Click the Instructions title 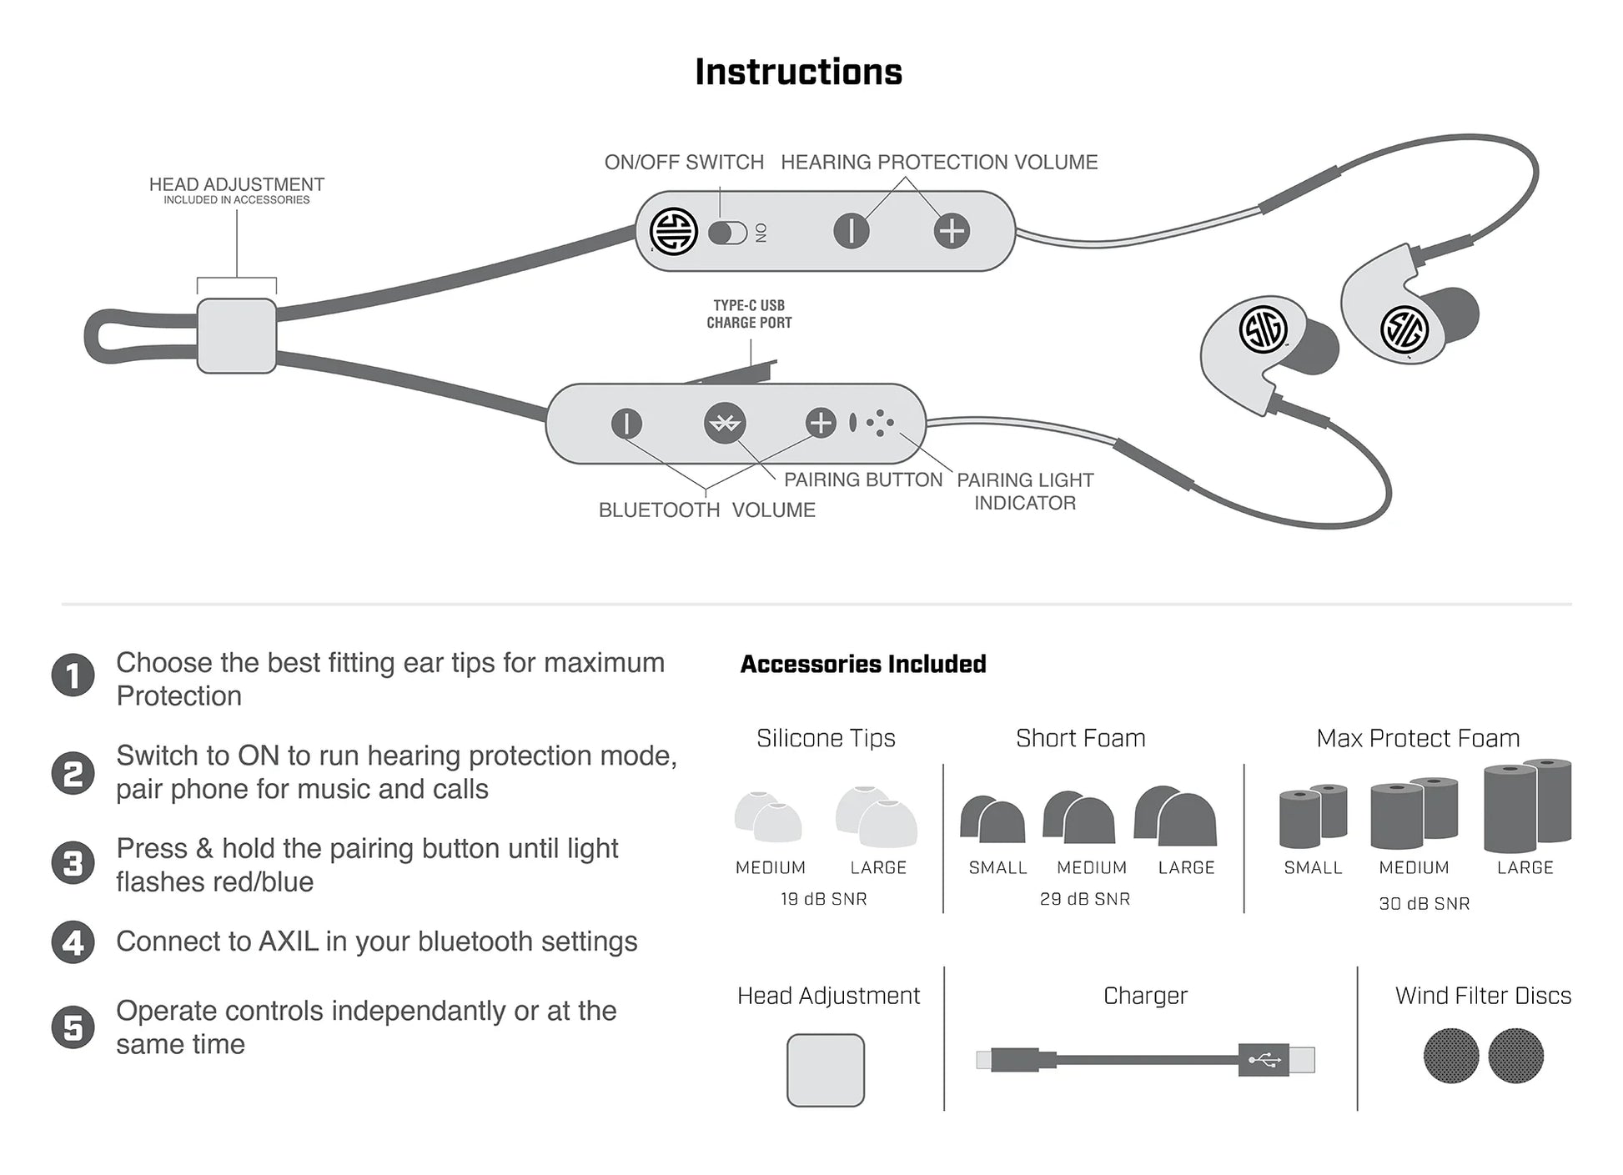click(798, 73)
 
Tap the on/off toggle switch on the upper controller click(727, 233)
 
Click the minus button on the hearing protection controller click(851, 231)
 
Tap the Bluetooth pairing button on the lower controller click(724, 424)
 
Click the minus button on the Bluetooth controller click(626, 424)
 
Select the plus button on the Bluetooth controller click(821, 423)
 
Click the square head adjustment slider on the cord click(237, 335)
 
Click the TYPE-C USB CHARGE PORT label click(749, 314)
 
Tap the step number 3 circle click(73, 863)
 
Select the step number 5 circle click(73, 1027)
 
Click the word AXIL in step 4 click(289, 942)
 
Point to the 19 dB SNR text click(824, 899)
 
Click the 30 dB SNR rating click(1425, 903)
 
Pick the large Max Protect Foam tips click(1527, 806)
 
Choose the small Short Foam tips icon click(992, 819)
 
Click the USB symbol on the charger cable click(1264, 1060)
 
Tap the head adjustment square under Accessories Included click(826, 1070)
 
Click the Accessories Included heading click(863, 664)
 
